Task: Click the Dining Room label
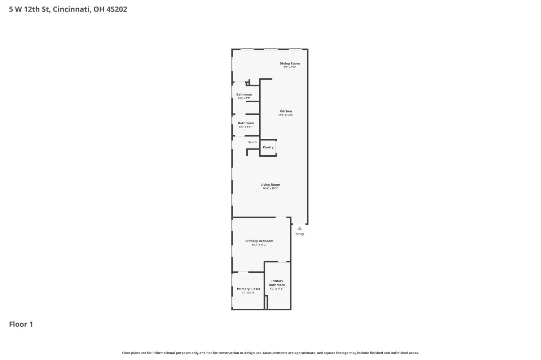click(290, 63)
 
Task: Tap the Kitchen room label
click(286, 111)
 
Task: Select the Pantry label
click(268, 147)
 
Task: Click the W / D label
click(252, 142)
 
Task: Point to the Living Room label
click(270, 185)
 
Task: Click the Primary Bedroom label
click(259, 241)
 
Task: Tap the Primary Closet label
click(248, 289)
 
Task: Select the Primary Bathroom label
click(277, 283)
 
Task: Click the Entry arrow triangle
click(299, 228)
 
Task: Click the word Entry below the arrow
click(299, 234)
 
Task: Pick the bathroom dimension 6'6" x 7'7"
click(244, 98)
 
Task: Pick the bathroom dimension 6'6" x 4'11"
click(246, 127)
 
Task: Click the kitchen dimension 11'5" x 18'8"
click(286, 115)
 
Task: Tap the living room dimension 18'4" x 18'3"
click(270, 188)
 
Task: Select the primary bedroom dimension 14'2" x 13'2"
click(259, 245)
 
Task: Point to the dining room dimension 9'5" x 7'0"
click(290, 67)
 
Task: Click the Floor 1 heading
click(21, 324)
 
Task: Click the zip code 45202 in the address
click(116, 9)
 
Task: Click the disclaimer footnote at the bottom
click(270, 353)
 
